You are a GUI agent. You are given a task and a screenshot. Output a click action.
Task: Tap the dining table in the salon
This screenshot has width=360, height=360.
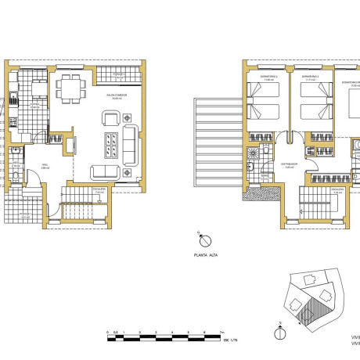coord(73,88)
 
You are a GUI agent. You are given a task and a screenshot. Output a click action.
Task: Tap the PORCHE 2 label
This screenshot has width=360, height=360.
coord(118,75)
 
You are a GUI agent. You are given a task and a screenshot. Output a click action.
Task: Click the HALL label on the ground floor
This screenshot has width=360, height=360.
coord(45,166)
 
